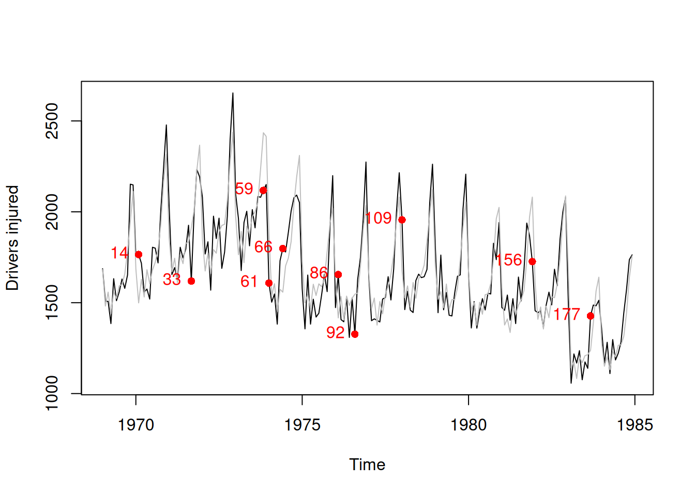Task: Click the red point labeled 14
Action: (139, 255)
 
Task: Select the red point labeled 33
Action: (191, 281)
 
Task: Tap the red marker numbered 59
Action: (263, 191)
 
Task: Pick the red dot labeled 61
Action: (269, 283)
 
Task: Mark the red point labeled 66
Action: (283, 249)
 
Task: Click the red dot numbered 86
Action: (338, 274)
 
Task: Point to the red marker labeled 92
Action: (355, 334)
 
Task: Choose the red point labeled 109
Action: (402, 220)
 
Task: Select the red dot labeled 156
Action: (532, 261)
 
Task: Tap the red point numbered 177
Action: (591, 316)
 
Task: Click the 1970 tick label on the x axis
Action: (136, 425)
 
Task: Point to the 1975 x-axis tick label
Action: (302, 425)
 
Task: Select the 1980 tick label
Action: (469, 425)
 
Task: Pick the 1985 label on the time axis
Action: (634, 425)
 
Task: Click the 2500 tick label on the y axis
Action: (52, 121)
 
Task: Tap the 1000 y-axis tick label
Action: (52, 393)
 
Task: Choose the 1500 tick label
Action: (52, 303)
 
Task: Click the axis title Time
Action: (367, 464)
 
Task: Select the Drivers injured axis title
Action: (12, 238)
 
